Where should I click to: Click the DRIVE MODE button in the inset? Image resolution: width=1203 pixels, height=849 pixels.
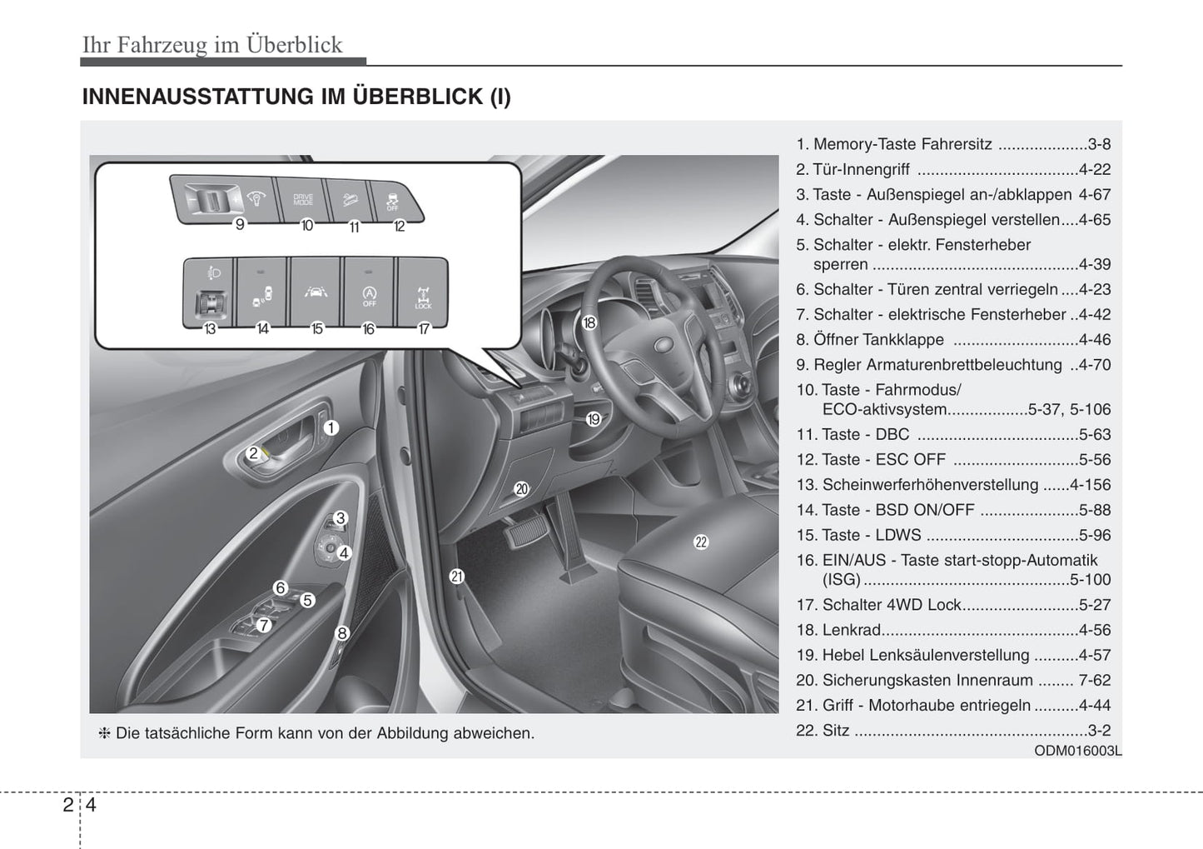point(303,200)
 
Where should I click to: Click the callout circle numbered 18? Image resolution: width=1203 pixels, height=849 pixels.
point(589,322)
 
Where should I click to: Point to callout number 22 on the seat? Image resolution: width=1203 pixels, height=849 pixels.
point(701,542)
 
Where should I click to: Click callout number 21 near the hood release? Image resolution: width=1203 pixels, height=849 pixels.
point(456,576)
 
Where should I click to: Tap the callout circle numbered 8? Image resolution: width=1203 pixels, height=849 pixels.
point(341,633)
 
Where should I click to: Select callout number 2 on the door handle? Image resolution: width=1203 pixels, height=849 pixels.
point(253,454)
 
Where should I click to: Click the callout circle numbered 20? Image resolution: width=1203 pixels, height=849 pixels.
point(522,489)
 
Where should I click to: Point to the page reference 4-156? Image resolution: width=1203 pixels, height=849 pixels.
point(1090,485)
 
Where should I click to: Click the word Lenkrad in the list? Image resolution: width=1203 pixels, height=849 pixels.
point(851,631)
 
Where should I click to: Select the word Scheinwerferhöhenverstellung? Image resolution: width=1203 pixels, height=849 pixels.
point(930,485)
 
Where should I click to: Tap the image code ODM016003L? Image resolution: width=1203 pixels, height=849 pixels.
point(1078,751)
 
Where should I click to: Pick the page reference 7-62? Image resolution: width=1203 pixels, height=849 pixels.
point(1094,681)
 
